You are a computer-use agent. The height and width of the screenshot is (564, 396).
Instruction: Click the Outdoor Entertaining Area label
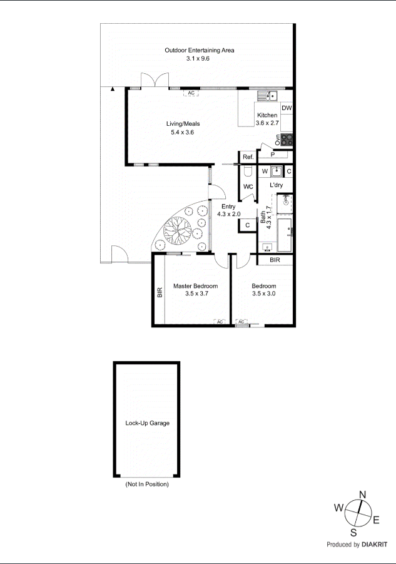click(x=199, y=50)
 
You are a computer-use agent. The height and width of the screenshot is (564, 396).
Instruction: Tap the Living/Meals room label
click(x=183, y=124)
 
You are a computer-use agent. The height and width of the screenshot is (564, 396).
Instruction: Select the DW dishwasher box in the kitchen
click(x=287, y=108)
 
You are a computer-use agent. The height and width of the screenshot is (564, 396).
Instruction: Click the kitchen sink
click(x=269, y=96)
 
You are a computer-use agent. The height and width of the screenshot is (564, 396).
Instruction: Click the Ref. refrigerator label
click(x=248, y=157)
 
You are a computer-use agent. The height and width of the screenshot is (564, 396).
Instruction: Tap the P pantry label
click(x=273, y=154)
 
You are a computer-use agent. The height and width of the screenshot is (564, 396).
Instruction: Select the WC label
click(x=248, y=187)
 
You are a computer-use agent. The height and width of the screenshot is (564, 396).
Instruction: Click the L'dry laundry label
click(x=277, y=186)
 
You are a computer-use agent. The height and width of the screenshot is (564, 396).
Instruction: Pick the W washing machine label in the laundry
click(x=265, y=171)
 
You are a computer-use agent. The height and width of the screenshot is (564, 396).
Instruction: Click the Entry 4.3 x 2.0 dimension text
click(x=228, y=214)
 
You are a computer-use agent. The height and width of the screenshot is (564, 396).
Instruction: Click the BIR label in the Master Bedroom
click(x=160, y=292)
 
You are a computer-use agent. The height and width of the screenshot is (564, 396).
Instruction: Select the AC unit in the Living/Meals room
click(x=191, y=93)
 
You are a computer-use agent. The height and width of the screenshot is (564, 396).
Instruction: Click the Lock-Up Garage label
click(x=147, y=423)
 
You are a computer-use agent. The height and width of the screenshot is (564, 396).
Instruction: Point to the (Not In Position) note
click(x=147, y=485)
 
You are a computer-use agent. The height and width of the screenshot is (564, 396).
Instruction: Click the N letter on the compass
click(x=362, y=495)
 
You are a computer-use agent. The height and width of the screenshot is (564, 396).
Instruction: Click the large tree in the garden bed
click(x=176, y=230)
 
